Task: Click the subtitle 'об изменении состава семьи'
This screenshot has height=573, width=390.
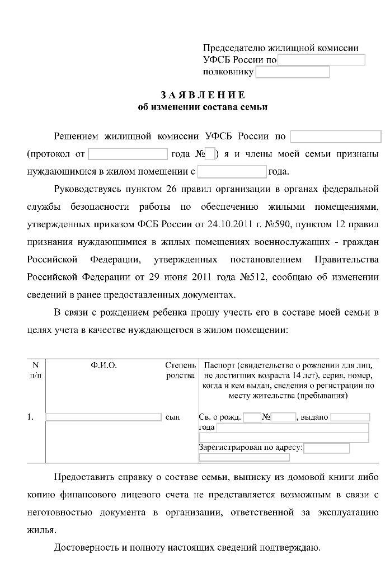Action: (203, 106)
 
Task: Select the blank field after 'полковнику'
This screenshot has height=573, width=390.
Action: (292, 72)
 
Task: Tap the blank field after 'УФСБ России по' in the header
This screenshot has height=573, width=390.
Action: (321, 60)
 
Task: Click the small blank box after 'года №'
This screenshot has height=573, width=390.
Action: (210, 153)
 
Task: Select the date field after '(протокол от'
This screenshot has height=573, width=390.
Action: (128, 153)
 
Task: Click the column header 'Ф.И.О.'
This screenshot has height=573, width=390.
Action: (104, 365)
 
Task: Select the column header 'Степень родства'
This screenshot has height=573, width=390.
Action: (180, 370)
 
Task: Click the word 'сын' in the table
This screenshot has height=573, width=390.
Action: (173, 417)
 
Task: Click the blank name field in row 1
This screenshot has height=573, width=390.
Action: (103, 417)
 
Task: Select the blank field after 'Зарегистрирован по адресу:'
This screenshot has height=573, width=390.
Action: (327, 448)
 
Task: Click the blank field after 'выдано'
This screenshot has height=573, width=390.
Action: (350, 417)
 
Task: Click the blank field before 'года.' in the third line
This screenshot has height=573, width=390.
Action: (232, 171)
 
